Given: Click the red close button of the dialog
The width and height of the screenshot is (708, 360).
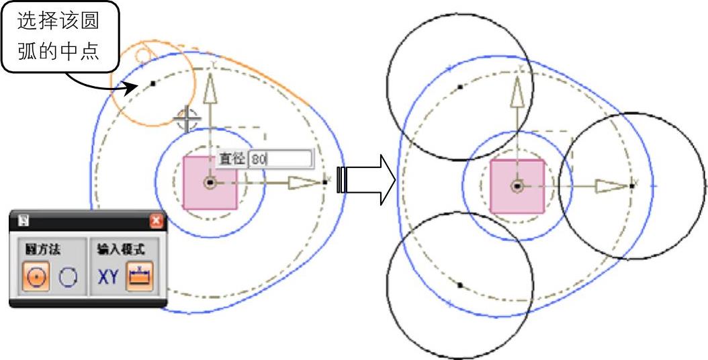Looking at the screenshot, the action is tap(157, 220).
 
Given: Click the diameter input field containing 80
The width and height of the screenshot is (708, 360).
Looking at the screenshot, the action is tap(280, 159).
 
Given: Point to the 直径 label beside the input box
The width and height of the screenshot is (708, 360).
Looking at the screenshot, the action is tap(232, 159).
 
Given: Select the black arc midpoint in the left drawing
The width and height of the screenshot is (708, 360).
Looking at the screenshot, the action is tap(153, 83).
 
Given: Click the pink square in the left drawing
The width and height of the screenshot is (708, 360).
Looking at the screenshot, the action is tap(210, 182).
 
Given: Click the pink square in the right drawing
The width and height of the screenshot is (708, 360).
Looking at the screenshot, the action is tap(517, 187).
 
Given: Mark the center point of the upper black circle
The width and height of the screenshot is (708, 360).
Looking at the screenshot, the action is tap(460, 87).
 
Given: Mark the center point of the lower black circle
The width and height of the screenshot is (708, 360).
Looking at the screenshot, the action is tap(460, 285).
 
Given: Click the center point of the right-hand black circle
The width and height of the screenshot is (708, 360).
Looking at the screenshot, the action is tap(632, 185).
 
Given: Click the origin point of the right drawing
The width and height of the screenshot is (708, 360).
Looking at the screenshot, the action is tap(517, 187).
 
